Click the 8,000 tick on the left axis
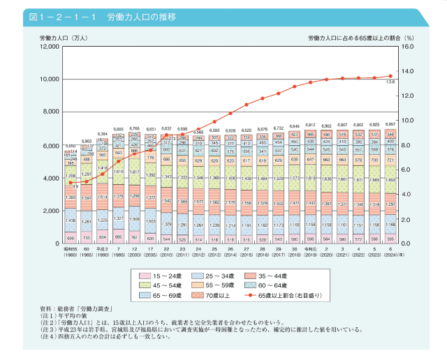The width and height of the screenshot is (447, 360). (50, 112)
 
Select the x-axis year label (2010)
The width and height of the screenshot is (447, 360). (166, 255)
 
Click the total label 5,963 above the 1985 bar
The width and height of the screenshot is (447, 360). (86, 141)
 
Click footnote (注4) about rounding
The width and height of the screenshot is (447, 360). (105, 337)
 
